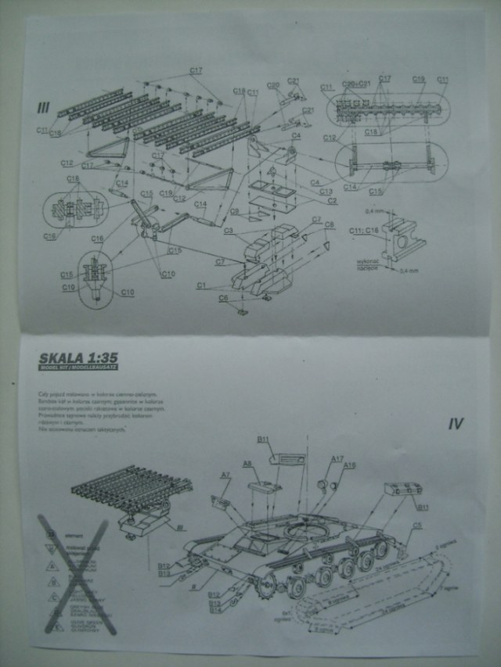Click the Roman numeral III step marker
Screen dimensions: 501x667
click(x=43, y=107)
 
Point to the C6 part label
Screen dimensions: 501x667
click(x=224, y=298)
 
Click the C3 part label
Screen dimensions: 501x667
click(x=228, y=231)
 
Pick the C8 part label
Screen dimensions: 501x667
click(x=329, y=224)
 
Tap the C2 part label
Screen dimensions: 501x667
click(x=332, y=201)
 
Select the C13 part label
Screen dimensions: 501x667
click(x=325, y=192)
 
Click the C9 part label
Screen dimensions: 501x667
click(x=234, y=211)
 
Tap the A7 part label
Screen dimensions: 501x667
click(x=225, y=475)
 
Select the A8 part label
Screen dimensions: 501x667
click(x=247, y=464)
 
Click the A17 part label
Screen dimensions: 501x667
click(x=337, y=459)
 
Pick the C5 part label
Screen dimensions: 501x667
click(x=417, y=526)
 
